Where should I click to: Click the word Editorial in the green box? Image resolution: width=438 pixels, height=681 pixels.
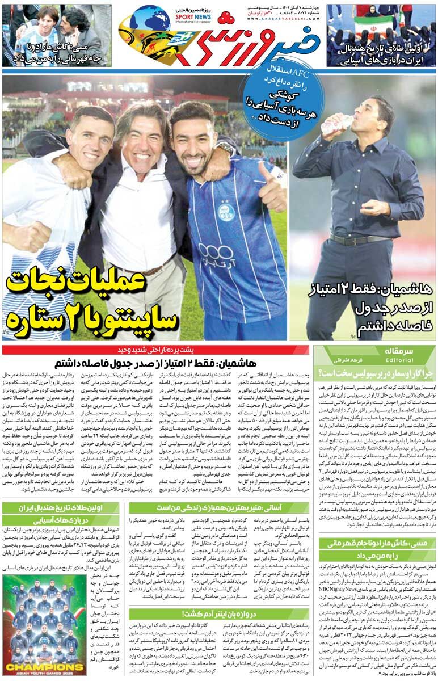(x=400, y=360)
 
